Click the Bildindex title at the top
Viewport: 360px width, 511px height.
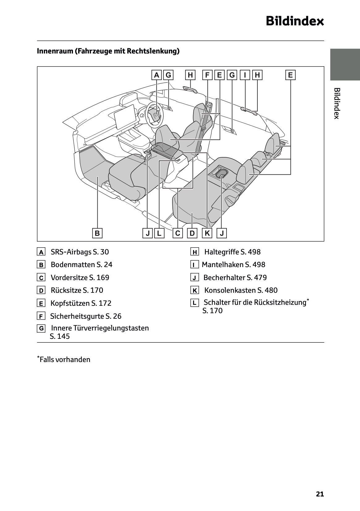294,21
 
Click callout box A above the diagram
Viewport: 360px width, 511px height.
156,75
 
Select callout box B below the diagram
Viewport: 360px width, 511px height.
97,233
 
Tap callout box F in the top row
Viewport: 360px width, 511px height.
207,75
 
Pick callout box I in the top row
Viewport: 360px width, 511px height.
245,75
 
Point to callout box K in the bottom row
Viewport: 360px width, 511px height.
207,233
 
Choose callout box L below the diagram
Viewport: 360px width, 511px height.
159,233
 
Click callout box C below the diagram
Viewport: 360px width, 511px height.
178,233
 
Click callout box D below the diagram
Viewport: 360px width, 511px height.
192,233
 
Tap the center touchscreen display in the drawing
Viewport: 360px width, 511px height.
126,117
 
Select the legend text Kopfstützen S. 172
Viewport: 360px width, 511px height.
81,303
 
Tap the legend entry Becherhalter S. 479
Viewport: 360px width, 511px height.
235,278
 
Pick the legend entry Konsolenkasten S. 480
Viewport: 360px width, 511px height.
241,290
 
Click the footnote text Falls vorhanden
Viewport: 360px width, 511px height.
65,360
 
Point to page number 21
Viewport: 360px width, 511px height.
320,494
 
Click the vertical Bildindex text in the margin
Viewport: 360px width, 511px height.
337,103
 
